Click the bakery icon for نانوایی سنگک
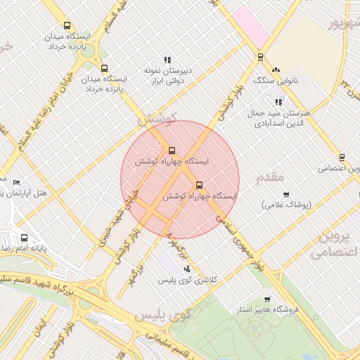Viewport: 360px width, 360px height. [276, 70]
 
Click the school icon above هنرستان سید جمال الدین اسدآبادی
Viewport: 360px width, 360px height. [278, 102]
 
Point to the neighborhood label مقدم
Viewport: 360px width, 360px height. [271, 176]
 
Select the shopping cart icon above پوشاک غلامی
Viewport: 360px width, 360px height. [285, 195]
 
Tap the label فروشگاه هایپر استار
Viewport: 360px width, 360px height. [268, 309]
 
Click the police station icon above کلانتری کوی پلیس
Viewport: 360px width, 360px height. [186, 268]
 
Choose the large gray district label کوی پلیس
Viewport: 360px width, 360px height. [162, 316]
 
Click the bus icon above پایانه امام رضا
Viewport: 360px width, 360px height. [25, 238]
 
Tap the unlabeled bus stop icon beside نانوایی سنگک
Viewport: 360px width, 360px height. [260, 58]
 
